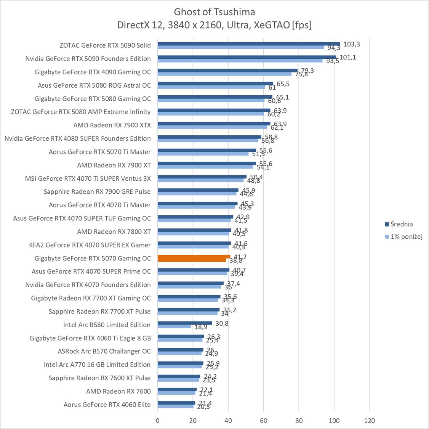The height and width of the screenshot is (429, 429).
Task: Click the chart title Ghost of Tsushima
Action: [214, 11]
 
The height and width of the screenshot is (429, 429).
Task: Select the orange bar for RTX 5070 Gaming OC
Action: [194, 258]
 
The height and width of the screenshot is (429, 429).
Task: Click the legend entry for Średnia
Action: [399, 224]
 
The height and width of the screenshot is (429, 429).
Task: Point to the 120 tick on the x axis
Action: [369, 421]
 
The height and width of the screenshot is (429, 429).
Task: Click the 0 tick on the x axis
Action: [158, 421]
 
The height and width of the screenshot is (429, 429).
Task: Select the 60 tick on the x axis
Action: [264, 421]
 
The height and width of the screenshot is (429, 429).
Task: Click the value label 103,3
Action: [351, 44]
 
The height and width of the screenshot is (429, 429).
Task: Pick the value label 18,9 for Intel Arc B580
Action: [201, 327]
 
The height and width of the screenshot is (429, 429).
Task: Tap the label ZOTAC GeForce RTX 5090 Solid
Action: [105, 45]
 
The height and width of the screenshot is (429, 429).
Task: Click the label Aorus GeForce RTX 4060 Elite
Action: [107, 405]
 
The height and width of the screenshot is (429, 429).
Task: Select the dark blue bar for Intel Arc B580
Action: [185, 323]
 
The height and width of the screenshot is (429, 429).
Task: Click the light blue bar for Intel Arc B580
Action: [174, 326]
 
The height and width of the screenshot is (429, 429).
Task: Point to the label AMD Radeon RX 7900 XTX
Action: [112, 125]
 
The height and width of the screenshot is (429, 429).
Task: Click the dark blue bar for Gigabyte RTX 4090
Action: [227, 70]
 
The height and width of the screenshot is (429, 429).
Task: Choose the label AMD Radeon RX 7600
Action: [118, 391]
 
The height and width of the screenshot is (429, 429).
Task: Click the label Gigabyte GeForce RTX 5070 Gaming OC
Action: [93, 258]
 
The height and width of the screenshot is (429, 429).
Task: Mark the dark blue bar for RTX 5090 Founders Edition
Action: [247, 57]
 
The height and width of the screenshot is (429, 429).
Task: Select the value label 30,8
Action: [222, 323]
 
